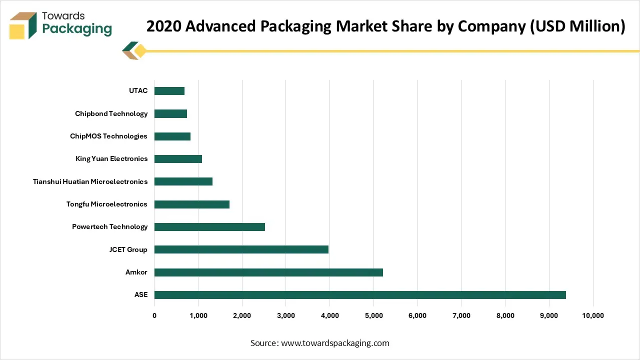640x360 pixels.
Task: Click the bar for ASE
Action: click(x=360, y=295)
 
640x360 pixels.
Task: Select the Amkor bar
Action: click(x=268, y=272)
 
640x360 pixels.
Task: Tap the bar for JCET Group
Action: click(x=241, y=249)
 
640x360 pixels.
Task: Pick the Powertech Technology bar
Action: click(x=209, y=227)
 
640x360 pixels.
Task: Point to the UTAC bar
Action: click(x=169, y=91)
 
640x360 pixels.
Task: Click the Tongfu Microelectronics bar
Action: click(x=192, y=204)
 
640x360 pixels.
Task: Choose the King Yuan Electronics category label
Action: click(x=111, y=159)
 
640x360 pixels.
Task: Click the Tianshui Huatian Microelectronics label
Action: click(x=90, y=181)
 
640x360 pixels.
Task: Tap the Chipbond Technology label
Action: click(x=111, y=113)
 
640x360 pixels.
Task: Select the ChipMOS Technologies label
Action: click(x=109, y=136)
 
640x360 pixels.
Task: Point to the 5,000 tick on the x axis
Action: click(x=373, y=315)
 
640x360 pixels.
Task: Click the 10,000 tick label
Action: click(x=593, y=315)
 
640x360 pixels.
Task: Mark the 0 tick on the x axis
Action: click(x=154, y=315)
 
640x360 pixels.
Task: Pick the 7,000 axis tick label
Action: click(x=461, y=315)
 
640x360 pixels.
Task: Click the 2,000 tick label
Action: click(x=242, y=315)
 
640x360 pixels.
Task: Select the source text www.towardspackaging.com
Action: click(x=335, y=343)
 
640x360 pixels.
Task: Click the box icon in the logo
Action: click(x=23, y=25)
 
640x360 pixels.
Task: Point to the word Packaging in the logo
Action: click(x=77, y=28)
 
